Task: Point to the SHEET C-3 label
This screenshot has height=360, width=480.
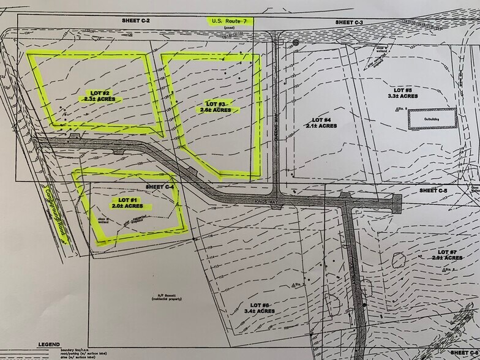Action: [350, 22]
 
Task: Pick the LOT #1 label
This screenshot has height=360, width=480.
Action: [126, 203]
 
